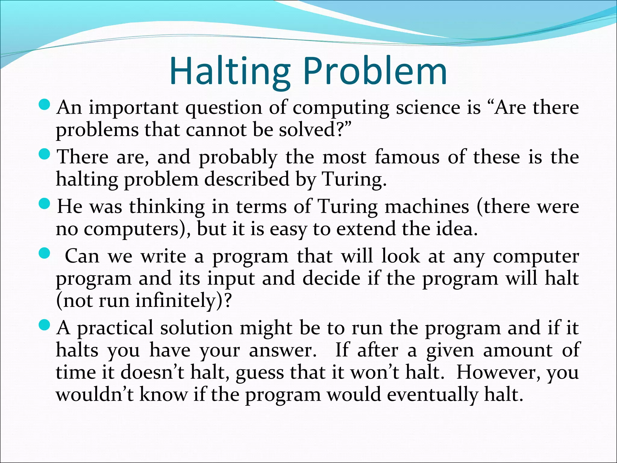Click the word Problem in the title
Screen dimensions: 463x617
[375, 71]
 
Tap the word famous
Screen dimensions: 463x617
[407, 157]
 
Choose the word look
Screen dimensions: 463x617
[400, 256]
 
